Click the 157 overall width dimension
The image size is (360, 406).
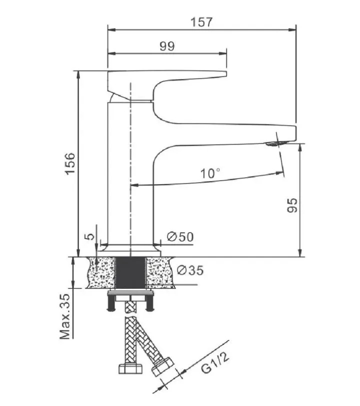201,22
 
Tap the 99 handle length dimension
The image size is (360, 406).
167,46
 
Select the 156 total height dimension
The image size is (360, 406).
70,163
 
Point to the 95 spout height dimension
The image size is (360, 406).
292,205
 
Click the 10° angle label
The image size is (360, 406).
210,173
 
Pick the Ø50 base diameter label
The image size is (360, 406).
180,236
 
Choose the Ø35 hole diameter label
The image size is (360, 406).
190,270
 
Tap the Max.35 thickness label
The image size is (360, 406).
64,316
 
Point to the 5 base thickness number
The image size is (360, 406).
90,236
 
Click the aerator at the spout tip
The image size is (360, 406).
275,143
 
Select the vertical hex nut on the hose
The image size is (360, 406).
130,368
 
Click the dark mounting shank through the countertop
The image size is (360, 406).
130,272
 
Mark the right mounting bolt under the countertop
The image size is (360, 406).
149,303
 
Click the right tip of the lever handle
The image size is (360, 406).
226,74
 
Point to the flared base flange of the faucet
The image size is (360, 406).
130,249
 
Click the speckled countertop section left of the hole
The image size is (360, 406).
101,272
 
